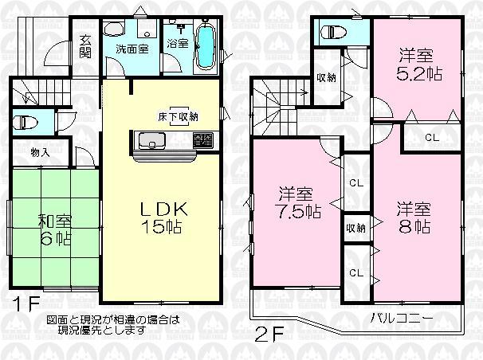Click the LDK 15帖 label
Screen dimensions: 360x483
pos(164,217)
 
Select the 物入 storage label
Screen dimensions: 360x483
pos(39,151)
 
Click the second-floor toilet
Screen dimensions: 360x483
pos(330,33)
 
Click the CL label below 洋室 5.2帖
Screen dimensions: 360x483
pos(430,138)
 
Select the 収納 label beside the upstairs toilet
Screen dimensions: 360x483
pos(325,77)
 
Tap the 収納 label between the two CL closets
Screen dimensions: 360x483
pos(356,227)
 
